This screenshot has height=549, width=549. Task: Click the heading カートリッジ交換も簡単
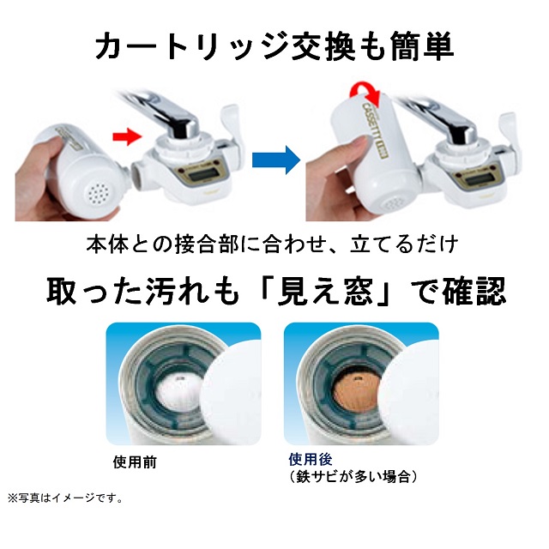coord(274,46)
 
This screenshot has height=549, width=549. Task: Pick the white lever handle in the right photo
coord(515,129)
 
